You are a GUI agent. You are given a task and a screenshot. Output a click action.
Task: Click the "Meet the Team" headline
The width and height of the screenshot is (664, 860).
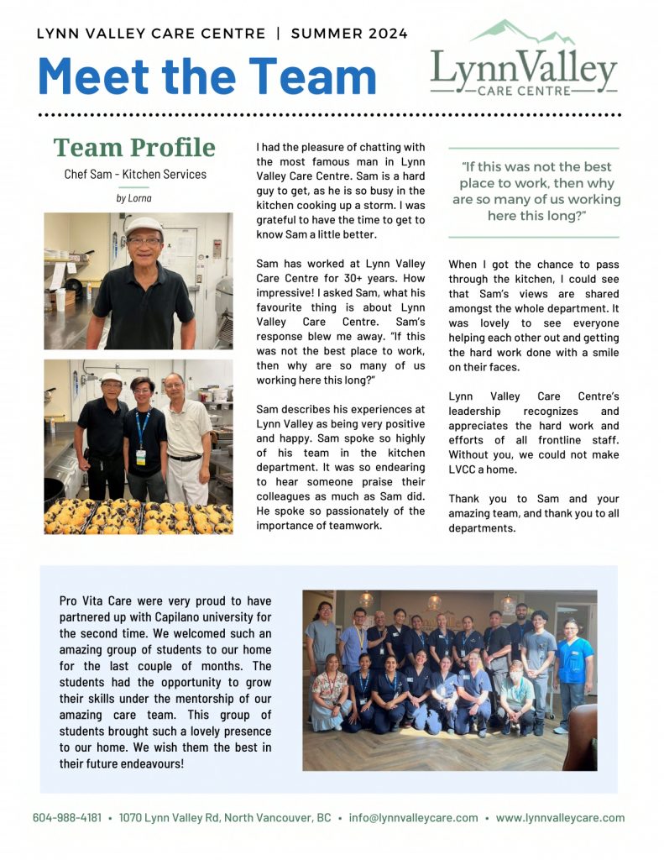(x=207, y=75)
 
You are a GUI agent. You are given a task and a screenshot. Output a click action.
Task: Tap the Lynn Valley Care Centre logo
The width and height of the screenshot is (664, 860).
(x=524, y=66)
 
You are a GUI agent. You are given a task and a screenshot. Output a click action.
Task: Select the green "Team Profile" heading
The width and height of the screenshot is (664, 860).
(x=134, y=148)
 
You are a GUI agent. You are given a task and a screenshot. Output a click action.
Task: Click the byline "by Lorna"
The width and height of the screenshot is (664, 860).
(x=134, y=198)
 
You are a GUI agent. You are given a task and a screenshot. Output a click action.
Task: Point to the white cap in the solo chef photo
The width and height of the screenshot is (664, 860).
(x=144, y=226)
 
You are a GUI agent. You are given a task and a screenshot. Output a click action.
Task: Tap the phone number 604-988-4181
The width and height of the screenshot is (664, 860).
(x=67, y=817)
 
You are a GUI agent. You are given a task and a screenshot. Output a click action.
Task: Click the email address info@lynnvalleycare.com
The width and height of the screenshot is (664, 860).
(x=414, y=817)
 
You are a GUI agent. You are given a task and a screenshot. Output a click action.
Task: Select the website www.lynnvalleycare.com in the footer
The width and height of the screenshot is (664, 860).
(x=560, y=817)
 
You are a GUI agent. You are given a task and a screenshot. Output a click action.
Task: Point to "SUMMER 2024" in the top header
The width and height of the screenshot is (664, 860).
(x=349, y=34)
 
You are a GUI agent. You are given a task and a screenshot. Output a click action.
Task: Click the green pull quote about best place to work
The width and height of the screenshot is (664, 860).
(x=536, y=191)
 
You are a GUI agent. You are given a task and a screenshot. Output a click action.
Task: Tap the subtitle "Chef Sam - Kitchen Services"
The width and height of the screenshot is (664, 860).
(x=134, y=175)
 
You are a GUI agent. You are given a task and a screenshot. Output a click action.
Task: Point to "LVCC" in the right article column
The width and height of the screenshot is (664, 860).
(x=463, y=469)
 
